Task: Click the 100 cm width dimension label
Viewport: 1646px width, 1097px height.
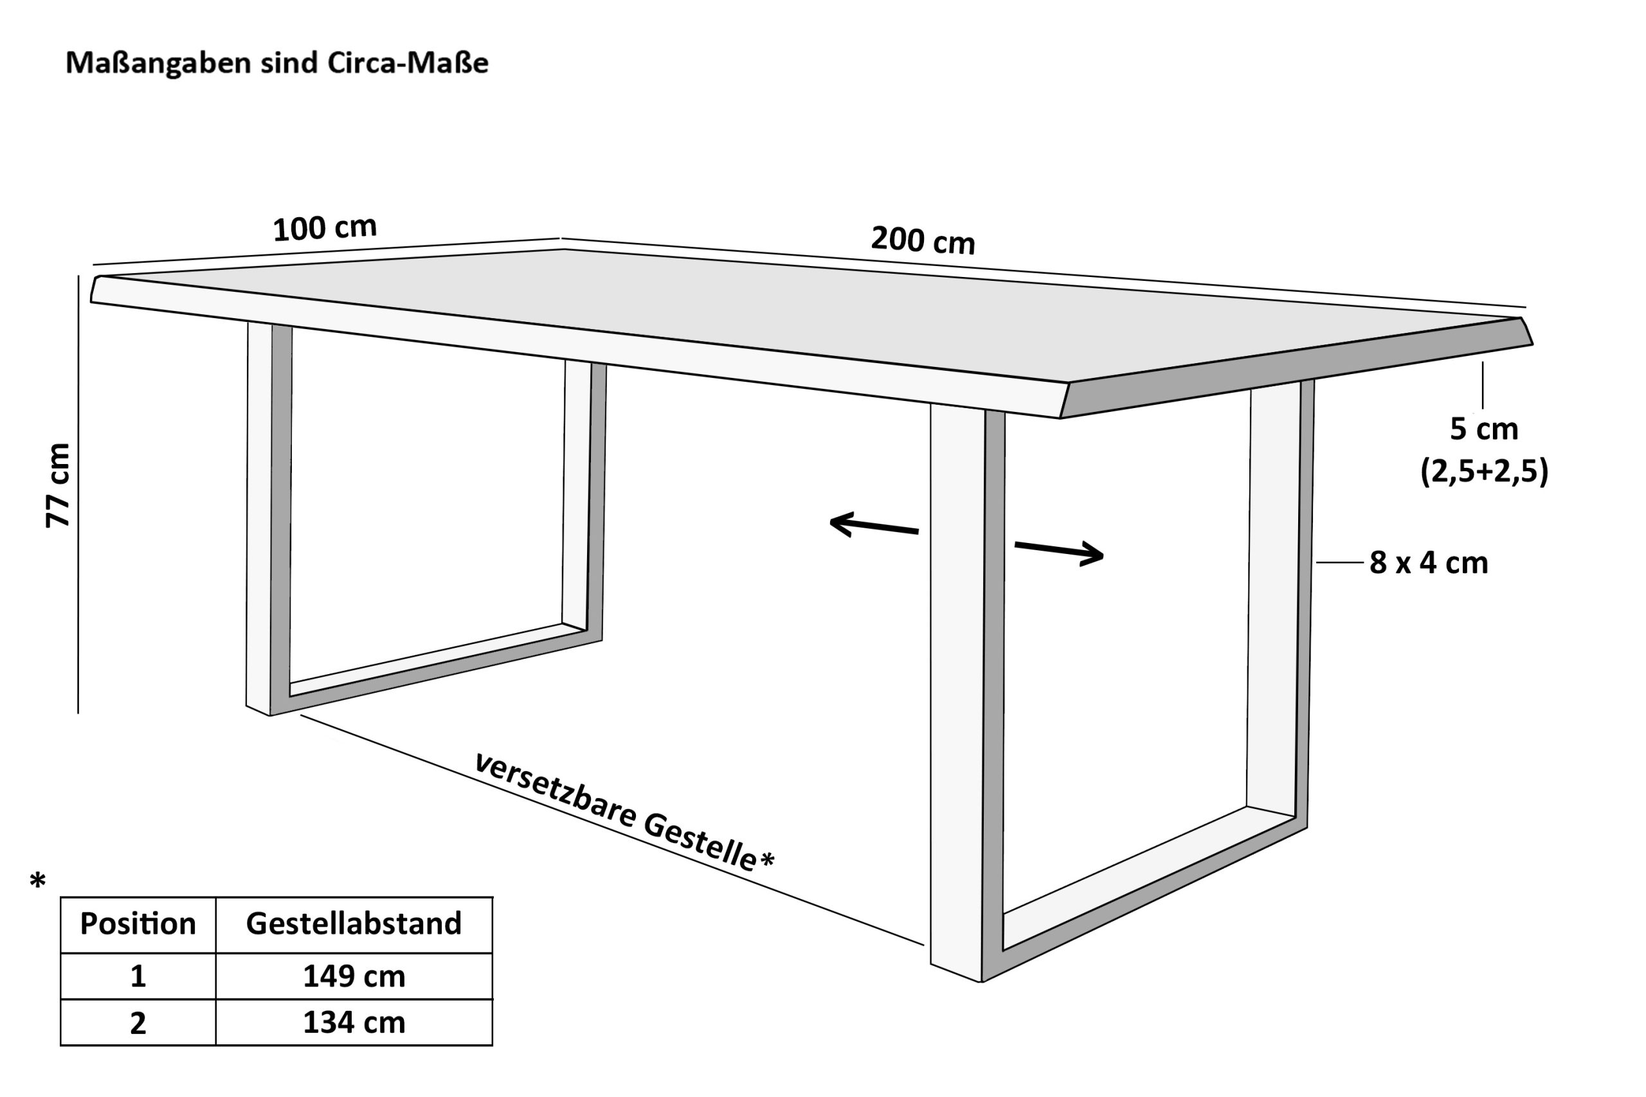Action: click(x=324, y=228)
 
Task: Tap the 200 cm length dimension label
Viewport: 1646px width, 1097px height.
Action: click(x=923, y=240)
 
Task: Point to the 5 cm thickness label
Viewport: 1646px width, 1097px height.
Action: click(x=1483, y=429)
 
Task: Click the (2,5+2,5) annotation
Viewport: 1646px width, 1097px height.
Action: click(x=1483, y=472)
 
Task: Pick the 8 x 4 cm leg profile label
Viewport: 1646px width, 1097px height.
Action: click(x=1428, y=562)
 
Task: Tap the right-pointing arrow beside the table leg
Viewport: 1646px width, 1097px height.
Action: click(x=1060, y=553)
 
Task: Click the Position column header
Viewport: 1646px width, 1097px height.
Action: click(x=138, y=923)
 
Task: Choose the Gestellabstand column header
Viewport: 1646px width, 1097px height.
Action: click(x=354, y=923)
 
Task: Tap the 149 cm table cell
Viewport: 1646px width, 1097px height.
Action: click(x=354, y=976)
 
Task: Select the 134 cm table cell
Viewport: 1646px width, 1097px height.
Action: click(x=354, y=1023)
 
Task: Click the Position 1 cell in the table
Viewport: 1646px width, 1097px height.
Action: click(x=138, y=976)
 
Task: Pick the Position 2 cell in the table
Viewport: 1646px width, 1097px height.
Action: click(x=138, y=1023)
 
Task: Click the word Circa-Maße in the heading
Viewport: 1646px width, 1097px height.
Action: click(x=408, y=63)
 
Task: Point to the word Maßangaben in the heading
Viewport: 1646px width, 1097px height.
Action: click(x=158, y=63)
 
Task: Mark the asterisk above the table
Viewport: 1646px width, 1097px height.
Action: click(x=38, y=882)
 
